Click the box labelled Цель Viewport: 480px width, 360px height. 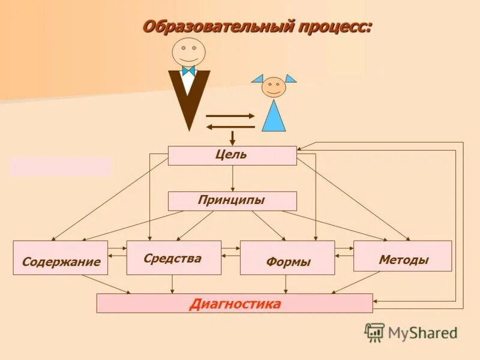tap(232, 155)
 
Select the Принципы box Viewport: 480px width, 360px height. tap(232, 201)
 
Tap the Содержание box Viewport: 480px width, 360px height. tap(60, 258)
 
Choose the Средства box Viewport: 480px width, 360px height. tap(173, 257)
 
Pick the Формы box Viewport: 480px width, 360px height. tap(287, 258)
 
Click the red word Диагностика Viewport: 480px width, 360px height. tap(235, 304)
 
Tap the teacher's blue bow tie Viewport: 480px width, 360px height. tap(188, 71)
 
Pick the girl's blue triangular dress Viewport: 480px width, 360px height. tap(274, 116)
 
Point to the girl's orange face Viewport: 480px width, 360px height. tap(274, 88)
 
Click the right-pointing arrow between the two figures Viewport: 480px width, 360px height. tap(230, 115)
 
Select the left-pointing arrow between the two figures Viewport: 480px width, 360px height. tap(230, 127)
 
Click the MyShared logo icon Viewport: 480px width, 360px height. tap(374, 332)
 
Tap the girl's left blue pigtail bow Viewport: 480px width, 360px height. tap(258, 78)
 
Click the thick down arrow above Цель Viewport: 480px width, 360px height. tap(232, 138)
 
